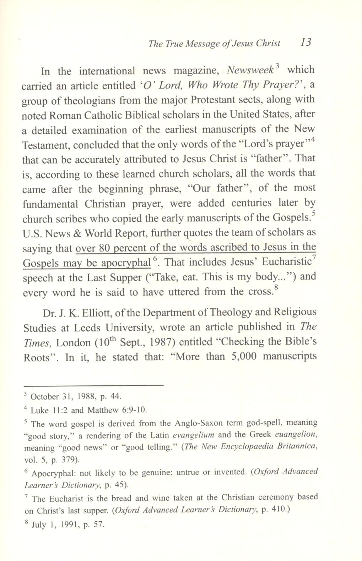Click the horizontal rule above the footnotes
pyautogui.click(x=93, y=385)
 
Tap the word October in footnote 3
pyautogui.click(x=45, y=396)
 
